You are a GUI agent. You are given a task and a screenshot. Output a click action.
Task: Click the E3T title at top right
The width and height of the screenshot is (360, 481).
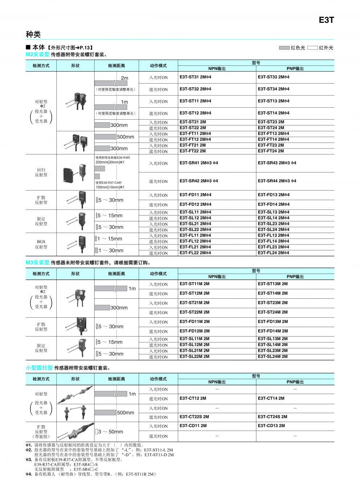pos(326,20)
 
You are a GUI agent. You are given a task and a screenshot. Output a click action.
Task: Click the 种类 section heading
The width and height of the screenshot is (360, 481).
pos(33,35)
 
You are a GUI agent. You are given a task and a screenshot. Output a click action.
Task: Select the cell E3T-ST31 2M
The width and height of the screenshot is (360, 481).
pos(195,77)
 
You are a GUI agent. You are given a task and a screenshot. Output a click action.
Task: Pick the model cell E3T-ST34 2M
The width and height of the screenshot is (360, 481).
pos(273,89)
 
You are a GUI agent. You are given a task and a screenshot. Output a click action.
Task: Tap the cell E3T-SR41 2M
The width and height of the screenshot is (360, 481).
pos(199,163)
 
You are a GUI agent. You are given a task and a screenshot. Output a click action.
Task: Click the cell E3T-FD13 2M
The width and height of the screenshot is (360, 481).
pos(273,195)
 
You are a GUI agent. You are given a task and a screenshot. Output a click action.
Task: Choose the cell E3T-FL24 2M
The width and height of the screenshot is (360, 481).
pos(273,253)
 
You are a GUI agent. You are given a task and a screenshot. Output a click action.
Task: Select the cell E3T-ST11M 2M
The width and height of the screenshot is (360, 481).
pos(195,284)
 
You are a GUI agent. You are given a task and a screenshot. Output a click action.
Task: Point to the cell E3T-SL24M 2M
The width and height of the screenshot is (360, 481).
pos(273,357)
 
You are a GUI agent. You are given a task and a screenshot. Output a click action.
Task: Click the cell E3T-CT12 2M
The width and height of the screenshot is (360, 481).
pos(193,398)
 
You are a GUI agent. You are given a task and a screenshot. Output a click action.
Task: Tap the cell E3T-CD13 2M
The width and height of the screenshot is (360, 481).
pos(271,426)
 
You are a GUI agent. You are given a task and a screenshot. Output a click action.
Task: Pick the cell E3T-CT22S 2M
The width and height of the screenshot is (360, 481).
pos(194,417)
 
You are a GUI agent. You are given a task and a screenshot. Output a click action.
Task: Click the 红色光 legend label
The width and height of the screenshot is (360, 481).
pos(298,48)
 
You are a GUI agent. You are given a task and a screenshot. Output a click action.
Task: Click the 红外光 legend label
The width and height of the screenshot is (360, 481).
pos(326,48)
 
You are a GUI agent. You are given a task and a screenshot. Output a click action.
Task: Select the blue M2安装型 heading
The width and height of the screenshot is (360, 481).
pos(37,55)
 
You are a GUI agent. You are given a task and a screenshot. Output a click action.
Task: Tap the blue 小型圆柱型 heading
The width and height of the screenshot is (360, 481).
pos(39,368)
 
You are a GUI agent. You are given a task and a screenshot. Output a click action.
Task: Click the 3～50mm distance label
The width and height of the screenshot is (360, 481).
pos(111,432)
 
